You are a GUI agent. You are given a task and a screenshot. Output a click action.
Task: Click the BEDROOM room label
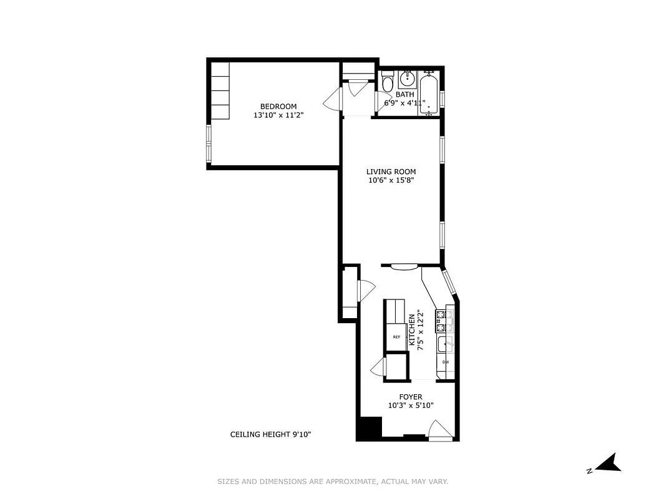(x=278, y=106)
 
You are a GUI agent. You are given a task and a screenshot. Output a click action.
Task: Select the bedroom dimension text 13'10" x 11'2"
(x=278, y=115)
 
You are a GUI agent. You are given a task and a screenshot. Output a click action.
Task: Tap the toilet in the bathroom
(x=387, y=84)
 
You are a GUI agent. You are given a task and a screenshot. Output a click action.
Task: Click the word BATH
(x=404, y=95)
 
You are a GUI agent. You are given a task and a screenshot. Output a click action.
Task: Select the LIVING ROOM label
(x=391, y=172)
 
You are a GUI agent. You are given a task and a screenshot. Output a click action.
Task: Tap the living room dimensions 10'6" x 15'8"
(x=391, y=181)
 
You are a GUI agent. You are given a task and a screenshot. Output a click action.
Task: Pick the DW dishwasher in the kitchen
(x=446, y=362)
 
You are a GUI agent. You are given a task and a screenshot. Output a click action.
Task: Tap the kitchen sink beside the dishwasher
(x=444, y=342)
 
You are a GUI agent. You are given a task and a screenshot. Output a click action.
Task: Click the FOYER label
(x=411, y=397)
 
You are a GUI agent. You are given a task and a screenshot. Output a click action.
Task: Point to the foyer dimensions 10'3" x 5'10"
(x=411, y=405)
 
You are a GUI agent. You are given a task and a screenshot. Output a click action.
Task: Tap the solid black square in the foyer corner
(x=369, y=429)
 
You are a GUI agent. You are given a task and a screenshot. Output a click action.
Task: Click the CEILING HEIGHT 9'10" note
(x=271, y=435)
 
